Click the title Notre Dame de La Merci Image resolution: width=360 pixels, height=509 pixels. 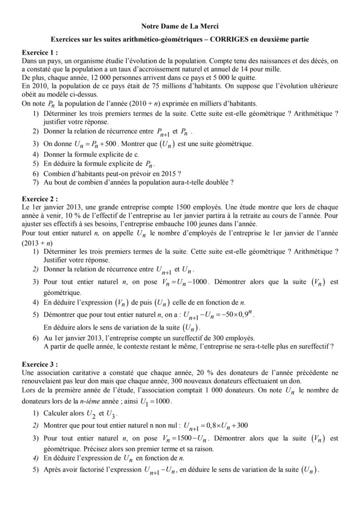coord(180,27)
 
